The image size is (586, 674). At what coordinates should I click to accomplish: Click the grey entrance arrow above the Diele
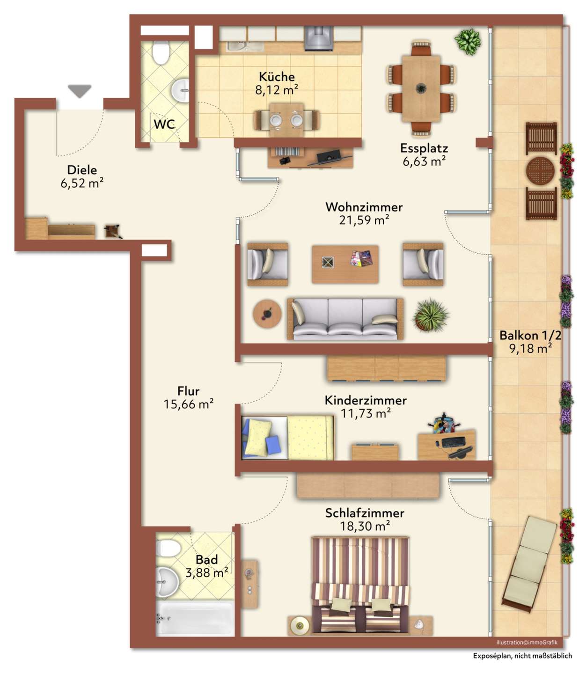tap(80, 91)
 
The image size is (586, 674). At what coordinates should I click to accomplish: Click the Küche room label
tap(276, 76)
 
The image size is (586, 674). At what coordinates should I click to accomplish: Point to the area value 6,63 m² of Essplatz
tap(424, 161)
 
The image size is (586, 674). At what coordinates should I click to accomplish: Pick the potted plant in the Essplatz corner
tap(468, 41)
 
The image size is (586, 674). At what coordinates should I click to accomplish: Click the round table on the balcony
tap(540, 171)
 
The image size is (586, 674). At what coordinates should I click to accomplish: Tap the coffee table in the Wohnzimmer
tap(345, 264)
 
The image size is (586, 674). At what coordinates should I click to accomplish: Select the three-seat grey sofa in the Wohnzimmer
tap(344, 318)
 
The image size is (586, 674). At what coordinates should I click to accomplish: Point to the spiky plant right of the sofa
tap(430, 314)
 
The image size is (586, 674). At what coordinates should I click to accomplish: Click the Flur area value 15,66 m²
tap(188, 404)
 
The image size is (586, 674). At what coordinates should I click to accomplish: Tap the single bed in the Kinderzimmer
tap(287, 438)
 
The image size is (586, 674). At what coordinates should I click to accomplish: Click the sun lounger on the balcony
tap(528, 564)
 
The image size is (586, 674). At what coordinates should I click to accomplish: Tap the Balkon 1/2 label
tap(530, 335)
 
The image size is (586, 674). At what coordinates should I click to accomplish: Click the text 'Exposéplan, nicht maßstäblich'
tap(522, 656)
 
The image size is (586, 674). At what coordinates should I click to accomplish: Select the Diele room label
tap(82, 169)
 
